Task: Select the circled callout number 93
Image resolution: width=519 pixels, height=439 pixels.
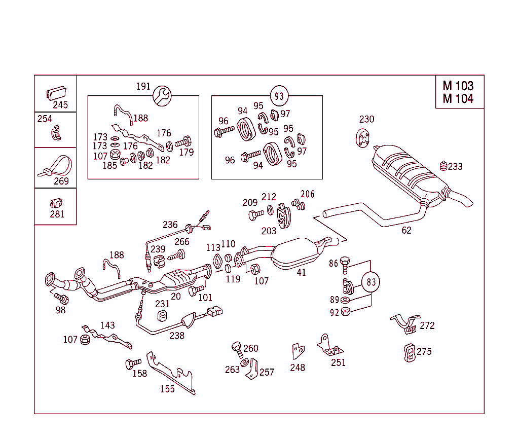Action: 279,95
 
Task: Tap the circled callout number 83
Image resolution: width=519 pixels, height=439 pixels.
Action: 372,282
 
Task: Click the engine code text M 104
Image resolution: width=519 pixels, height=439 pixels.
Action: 458,98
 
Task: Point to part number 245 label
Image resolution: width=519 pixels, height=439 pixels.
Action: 60,105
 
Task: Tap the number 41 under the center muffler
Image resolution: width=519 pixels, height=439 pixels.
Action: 301,272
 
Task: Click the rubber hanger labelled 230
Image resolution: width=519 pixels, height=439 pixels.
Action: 362,138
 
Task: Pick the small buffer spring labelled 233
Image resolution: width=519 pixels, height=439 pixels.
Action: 443,166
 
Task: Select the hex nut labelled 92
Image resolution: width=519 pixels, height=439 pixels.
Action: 346,312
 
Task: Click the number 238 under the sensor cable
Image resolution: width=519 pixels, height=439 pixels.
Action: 176,335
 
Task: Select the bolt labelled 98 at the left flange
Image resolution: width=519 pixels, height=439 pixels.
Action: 61,299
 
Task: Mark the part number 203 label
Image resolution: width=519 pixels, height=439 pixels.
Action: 268,231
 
